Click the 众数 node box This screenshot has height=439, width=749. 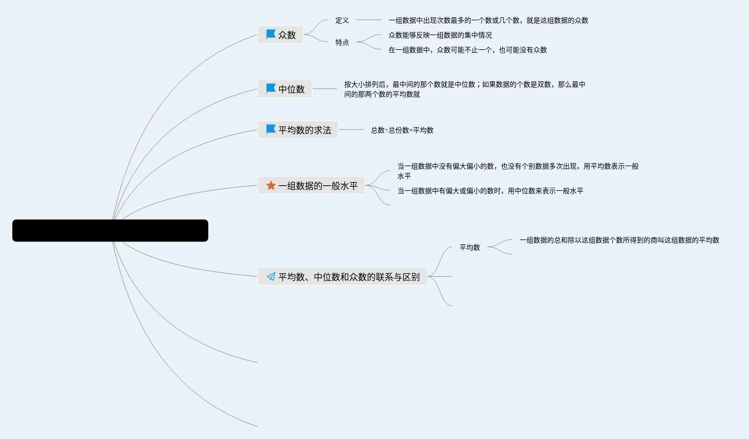pos(280,34)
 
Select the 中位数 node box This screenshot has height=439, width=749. pos(285,89)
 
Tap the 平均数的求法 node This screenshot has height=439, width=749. pos(298,130)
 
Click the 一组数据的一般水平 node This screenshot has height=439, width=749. pos(311,185)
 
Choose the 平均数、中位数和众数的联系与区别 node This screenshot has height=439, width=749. pos(342,276)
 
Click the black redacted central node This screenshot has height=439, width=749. pos(110,231)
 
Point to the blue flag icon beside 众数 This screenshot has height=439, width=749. pos(271,34)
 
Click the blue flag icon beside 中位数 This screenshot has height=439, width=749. pos(271,88)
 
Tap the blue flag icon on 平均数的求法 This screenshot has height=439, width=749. pos(271,129)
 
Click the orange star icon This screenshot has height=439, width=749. pos(271,185)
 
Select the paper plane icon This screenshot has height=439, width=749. pos(271,276)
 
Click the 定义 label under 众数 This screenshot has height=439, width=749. pos(342,20)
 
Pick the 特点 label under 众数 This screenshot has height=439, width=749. pos(342,42)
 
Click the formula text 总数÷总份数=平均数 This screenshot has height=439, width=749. pos(402,130)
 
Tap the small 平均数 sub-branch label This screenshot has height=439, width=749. pos(469,247)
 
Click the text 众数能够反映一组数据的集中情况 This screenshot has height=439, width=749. pos(440,35)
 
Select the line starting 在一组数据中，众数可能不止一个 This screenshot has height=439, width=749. pos(467,50)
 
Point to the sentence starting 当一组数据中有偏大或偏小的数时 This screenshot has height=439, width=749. pos(490,191)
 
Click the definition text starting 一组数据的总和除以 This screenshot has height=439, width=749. pos(619,240)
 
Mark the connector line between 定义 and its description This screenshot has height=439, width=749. pos(368,20)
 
